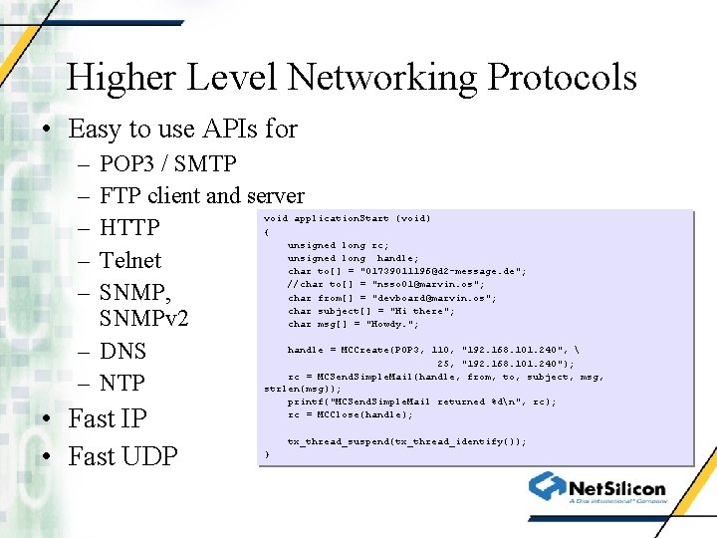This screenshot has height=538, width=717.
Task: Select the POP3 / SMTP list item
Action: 168,163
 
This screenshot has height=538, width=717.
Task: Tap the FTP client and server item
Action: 202,195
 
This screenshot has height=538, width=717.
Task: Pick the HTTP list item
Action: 129,228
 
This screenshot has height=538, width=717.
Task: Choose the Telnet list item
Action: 130,260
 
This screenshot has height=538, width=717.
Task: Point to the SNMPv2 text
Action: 144,320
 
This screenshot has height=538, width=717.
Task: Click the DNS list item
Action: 123,352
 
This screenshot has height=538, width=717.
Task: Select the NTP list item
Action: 122,384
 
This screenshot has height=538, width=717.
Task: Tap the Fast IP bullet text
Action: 107,419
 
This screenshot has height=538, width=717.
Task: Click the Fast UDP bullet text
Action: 122,456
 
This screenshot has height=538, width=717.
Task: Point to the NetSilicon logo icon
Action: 547,486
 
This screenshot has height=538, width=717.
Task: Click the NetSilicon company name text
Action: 616,489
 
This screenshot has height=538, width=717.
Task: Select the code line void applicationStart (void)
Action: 347,218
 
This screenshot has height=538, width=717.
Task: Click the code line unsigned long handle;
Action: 353,258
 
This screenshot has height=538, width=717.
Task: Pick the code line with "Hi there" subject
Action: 370,311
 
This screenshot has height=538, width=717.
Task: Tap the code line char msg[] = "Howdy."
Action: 353,324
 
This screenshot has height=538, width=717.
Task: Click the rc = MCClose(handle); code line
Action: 350,414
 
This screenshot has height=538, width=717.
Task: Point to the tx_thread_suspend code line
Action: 406,440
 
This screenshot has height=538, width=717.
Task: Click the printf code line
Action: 415,402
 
